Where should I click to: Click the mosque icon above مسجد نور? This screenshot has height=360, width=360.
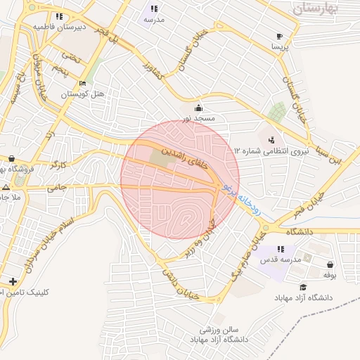199,108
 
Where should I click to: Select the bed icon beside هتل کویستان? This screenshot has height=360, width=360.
83,84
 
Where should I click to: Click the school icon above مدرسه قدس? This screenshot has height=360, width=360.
281,250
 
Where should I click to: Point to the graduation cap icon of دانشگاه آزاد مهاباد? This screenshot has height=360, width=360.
303,287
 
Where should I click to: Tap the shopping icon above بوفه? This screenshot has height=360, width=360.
330,265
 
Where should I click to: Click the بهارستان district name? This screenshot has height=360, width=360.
316,9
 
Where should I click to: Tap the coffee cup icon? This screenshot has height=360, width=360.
280,36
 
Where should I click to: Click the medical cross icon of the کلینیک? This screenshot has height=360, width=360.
13,281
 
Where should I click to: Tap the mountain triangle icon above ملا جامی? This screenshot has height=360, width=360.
6,188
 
